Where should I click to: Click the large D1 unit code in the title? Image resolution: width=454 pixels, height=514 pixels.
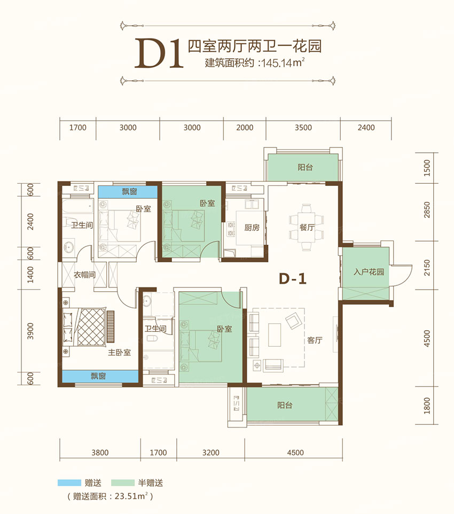tap(159, 53)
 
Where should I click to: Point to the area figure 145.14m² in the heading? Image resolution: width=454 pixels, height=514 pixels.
tap(281, 62)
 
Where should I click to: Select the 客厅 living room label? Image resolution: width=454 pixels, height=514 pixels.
tap(315, 339)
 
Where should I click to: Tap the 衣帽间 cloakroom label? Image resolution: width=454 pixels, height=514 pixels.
tap(84, 276)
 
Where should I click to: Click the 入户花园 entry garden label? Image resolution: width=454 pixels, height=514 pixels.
tap(369, 272)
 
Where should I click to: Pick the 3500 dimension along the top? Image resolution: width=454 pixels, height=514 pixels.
tap(303, 128)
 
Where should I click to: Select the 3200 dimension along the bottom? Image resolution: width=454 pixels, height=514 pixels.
tap(211, 453)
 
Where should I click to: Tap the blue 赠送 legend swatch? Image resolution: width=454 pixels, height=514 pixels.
tap(68, 482)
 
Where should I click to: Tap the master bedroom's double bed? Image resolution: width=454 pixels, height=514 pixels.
tap(84, 327)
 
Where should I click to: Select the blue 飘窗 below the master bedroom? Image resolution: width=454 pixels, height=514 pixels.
tap(100, 376)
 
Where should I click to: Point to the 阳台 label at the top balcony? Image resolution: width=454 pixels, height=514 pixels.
tap(306, 167)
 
